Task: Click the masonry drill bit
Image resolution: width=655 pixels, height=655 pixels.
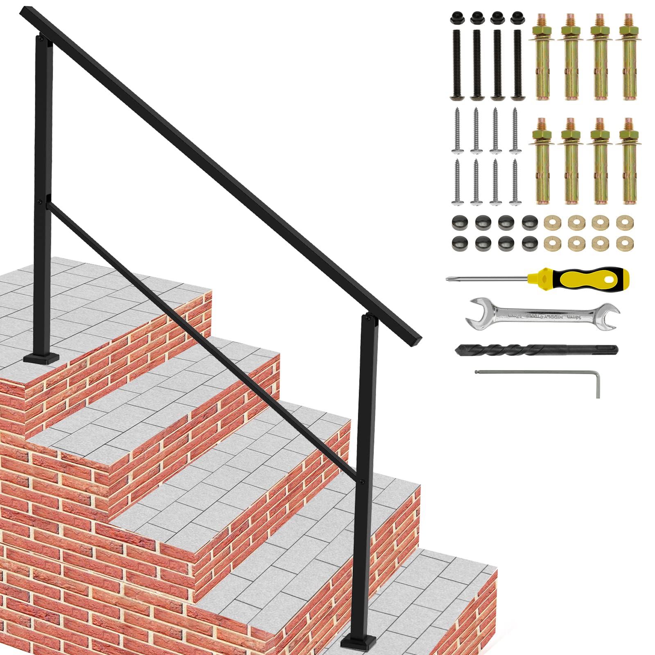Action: click(536, 350)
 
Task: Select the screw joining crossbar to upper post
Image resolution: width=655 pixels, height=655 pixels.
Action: click(40, 201)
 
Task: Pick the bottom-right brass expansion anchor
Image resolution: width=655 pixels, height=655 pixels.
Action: click(629, 162)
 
